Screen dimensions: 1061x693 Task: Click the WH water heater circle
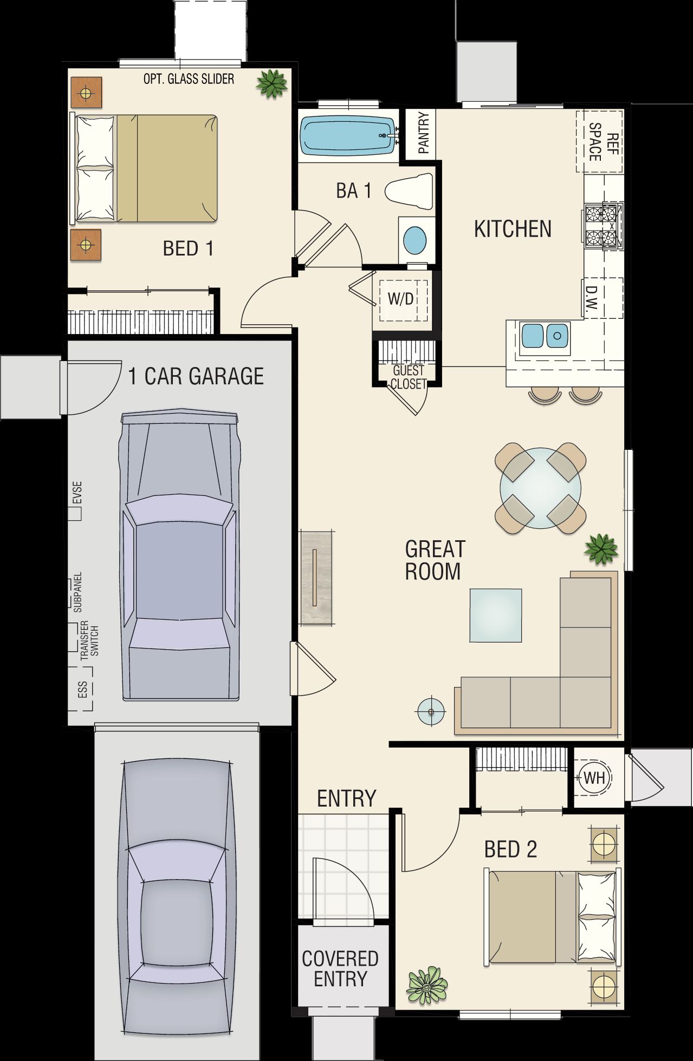click(594, 778)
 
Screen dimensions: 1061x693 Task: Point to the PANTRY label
click(424, 132)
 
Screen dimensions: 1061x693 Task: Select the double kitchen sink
click(545, 335)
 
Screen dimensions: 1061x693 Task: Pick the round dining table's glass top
click(540, 487)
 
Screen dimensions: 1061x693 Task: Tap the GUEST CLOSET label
click(409, 377)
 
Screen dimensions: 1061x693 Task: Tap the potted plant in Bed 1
click(271, 83)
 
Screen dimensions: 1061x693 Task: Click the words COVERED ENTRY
click(340, 968)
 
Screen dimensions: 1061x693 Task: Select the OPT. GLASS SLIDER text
click(189, 79)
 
